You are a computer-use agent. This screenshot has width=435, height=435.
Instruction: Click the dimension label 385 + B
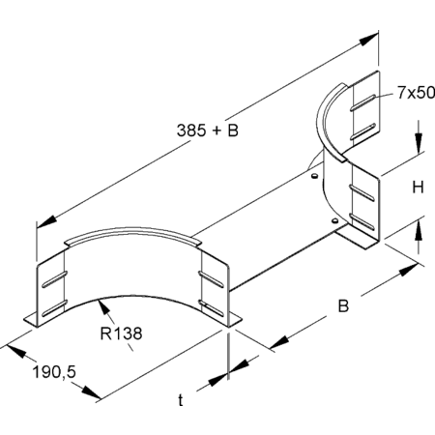point(208,130)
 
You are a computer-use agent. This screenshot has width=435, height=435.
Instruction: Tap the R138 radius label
point(121,333)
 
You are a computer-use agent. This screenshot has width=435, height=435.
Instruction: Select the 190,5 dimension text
point(54,372)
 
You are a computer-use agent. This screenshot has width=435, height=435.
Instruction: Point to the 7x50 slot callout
point(416,93)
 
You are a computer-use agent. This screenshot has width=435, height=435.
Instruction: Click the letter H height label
point(419,187)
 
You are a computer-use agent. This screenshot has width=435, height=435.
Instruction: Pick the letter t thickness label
point(181,400)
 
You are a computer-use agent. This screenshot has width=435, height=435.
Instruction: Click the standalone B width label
point(343,305)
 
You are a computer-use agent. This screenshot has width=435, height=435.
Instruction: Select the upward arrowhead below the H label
point(419,230)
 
